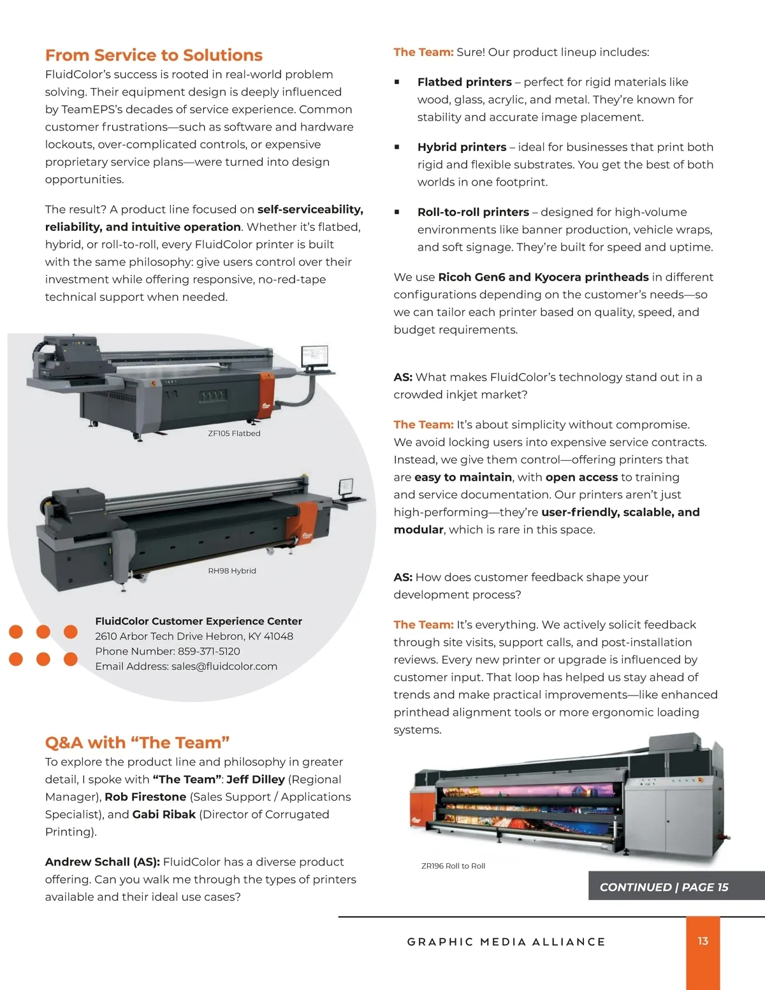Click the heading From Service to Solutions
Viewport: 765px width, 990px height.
(x=154, y=55)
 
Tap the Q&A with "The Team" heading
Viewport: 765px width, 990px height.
(x=137, y=743)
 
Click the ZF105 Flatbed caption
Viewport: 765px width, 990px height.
(x=234, y=433)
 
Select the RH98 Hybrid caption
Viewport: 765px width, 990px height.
(x=232, y=571)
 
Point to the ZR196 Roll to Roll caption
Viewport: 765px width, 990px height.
(x=453, y=866)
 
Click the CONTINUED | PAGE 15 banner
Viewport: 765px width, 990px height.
(x=676, y=885)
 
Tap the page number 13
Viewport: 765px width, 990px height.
(x=703, y=942)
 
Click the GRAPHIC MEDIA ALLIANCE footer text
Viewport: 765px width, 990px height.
(x=506, y=942)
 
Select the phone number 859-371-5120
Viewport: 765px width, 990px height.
(x=208, y=652)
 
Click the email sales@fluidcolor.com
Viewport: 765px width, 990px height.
(x=224, y=667)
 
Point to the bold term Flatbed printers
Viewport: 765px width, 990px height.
(x=464, y=82)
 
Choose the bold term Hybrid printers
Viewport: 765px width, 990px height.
(x=462, y=147)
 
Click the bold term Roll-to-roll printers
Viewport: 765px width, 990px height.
(x=473, y=212)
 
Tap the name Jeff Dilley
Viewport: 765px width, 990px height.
(x=256, y=780)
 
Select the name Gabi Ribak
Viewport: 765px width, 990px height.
(x=164, y=815)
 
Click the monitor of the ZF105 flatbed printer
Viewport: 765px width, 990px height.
(x=314, y=356)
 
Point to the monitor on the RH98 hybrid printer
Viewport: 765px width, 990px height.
(x=346, y=488)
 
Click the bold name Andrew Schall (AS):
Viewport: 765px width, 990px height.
(x=103, y=862)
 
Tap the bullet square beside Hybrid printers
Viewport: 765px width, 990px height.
(x=397, y=147)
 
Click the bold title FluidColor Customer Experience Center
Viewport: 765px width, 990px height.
(x=199, y=622)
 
